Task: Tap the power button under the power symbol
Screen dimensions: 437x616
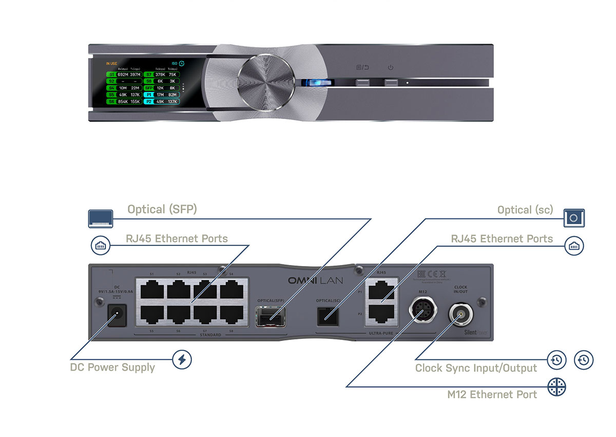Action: [x=391, y=83]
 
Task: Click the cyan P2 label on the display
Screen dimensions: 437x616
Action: [x=149, y=102]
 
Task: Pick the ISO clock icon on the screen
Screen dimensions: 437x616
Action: [x=181, y=64]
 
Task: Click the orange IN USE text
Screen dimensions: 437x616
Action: [x=111, y=64]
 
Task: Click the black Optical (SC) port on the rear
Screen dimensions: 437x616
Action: [x=328, y=315]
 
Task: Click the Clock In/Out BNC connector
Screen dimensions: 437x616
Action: [x=460, y=312]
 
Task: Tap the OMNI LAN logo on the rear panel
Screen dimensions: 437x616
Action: [x=315, y=281]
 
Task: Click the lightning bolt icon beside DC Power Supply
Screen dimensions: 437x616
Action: [x=182, y=359]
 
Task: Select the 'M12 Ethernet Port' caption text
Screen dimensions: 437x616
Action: [x=492, y=394]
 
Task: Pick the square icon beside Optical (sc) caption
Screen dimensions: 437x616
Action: [x=574, y=218]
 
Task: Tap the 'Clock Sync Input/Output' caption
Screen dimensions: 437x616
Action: [x=476, y=368]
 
